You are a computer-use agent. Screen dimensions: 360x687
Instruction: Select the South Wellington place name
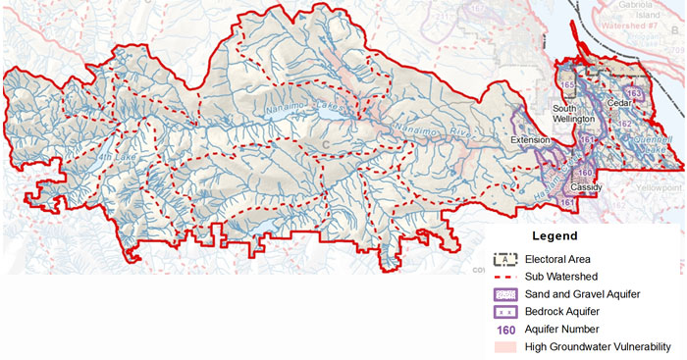pyautogui.click(x=573, y=114)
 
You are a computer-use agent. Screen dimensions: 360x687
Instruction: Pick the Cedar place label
pyautogui.click(x=619, y=100)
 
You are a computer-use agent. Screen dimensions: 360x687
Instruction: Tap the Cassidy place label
pyautogui.click(x=586, y=186)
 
